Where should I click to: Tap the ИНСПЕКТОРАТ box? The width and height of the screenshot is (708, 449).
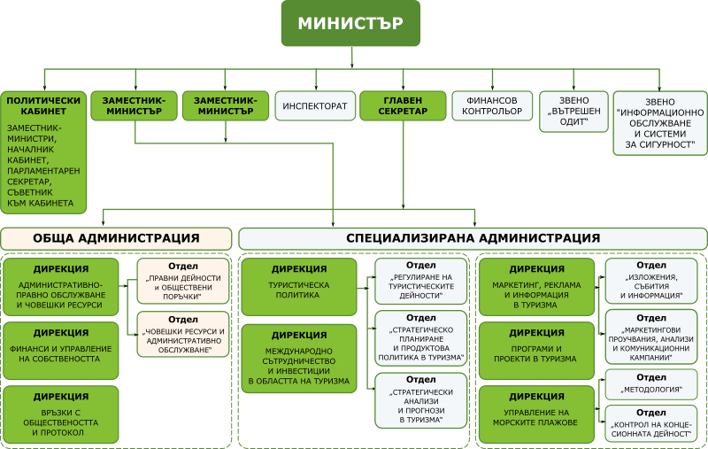tap(314, 106)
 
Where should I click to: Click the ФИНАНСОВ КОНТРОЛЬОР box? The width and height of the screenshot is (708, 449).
tap(492, 106)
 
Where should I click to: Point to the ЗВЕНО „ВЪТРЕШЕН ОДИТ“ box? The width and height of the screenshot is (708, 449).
tap(573, 112)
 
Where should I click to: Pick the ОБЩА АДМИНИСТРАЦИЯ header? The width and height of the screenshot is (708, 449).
tap(116, 238)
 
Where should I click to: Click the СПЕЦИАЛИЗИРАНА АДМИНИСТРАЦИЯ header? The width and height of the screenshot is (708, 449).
tap(473, 238)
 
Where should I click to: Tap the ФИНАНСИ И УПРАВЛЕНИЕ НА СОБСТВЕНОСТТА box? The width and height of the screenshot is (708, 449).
tap(60, 348)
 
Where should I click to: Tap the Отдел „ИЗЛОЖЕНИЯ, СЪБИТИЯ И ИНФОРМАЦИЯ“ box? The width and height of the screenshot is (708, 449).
tap(651, 281)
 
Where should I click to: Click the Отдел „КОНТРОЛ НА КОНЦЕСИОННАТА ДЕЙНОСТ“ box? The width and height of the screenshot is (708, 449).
tap(651, 423)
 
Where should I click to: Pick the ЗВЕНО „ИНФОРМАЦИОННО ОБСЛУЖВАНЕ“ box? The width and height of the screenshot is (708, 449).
tap(658, 123)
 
